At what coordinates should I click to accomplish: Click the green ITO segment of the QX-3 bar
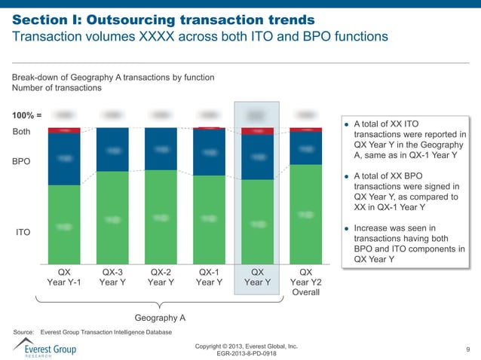(112, 218)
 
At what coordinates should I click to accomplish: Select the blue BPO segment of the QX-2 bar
(161, 149)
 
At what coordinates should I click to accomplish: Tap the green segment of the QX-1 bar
(209, 220)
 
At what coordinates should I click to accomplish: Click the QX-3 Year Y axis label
(112, 277)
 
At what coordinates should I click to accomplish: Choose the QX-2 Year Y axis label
(161, 277)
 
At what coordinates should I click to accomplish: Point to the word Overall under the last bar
(305, 292)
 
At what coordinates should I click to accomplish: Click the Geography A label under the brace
(160, 318)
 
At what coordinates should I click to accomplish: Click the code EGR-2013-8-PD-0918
(246, 354)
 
